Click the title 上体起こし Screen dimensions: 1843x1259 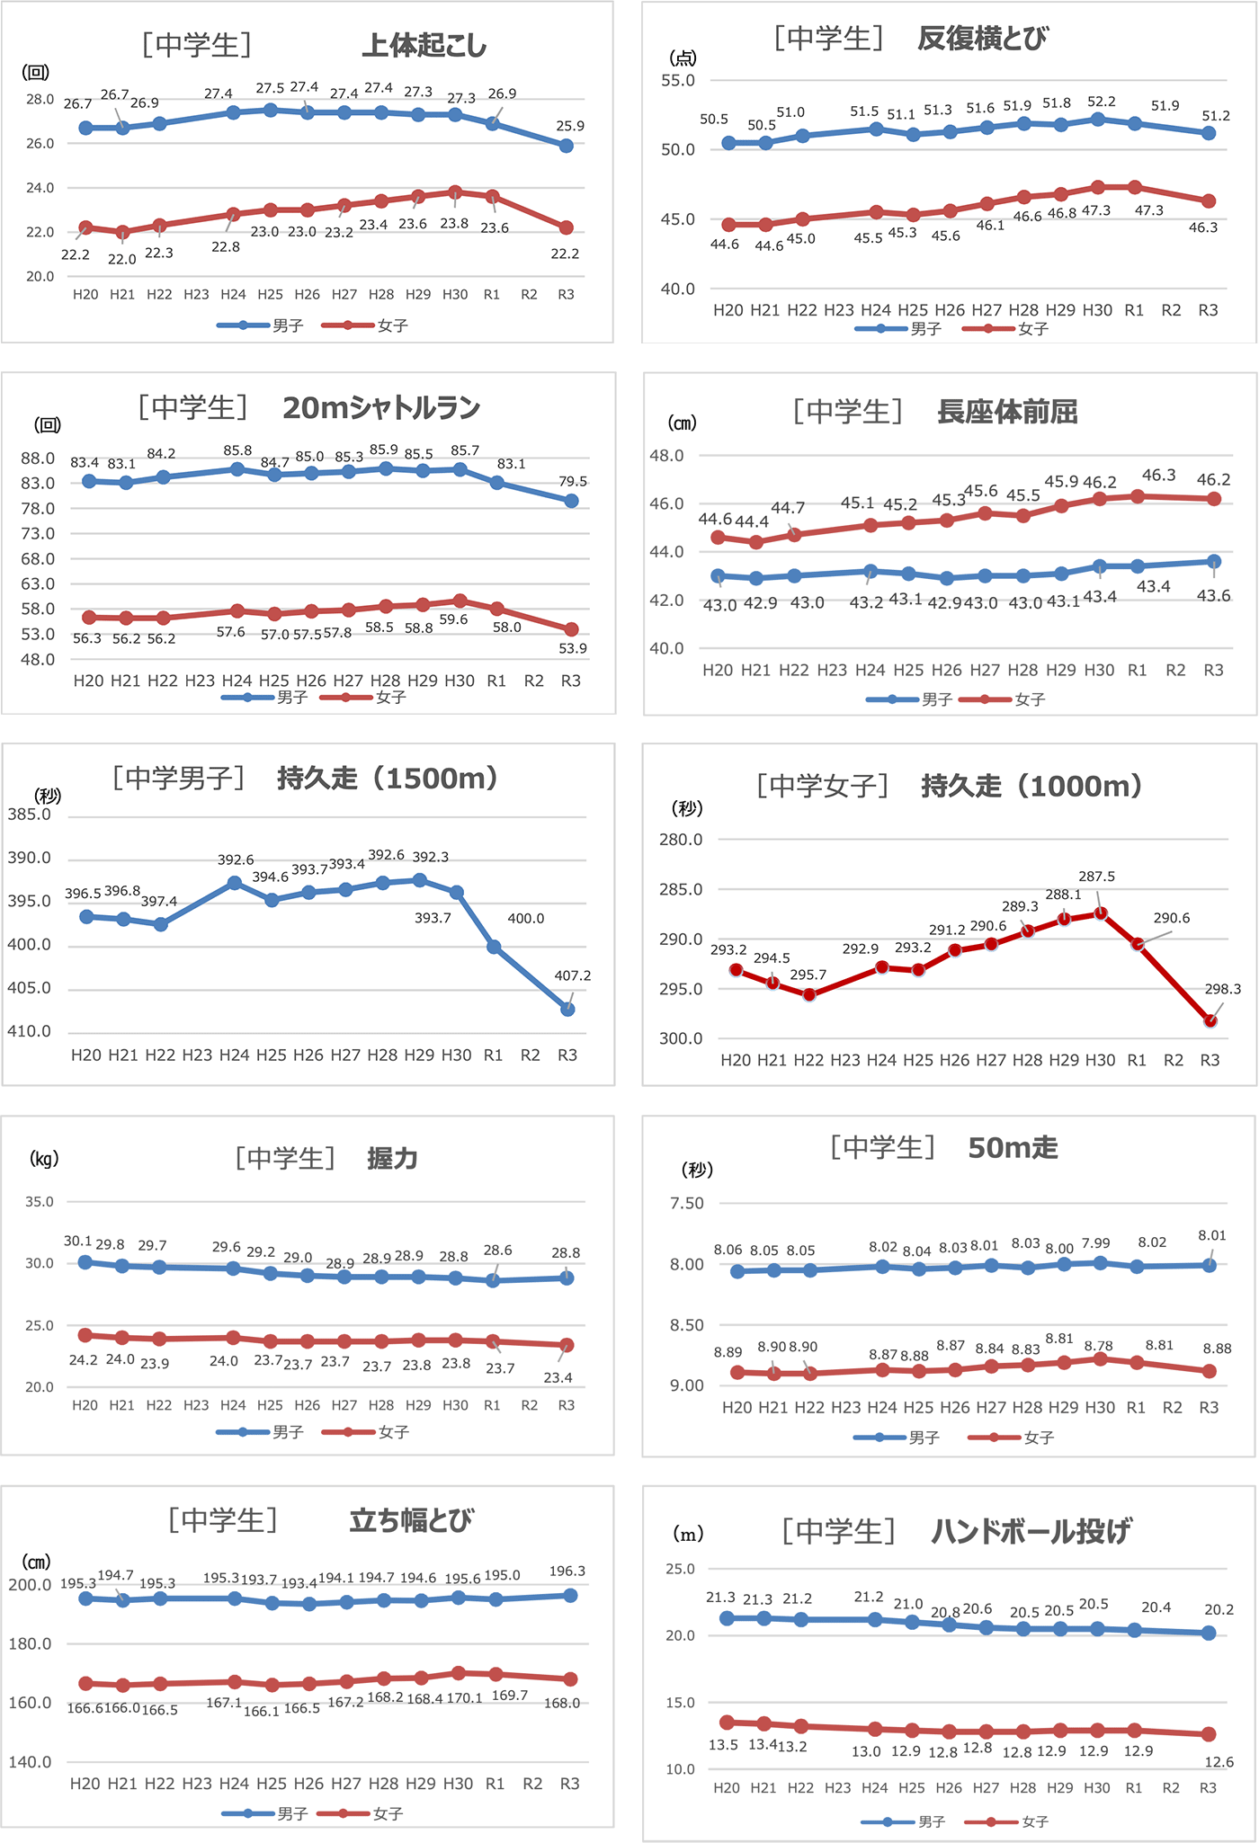tap(424, 45)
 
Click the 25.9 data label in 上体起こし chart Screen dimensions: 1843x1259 tap(569, 126)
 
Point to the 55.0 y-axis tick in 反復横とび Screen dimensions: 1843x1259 tap(678, 80)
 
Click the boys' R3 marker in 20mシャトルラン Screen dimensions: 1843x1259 tap(571, 501)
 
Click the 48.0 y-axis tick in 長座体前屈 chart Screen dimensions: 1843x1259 tap(666, 456)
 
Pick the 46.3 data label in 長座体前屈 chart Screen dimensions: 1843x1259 tap(1158, 475)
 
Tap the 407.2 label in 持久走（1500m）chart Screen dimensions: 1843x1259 tap(573, 975)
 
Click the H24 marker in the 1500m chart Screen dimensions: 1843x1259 tap(235, 883)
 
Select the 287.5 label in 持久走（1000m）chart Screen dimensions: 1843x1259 tap(1096, 877)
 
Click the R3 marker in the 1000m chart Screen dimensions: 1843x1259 tap(1210, 1021)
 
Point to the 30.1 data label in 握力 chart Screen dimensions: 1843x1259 tap(78, 1241)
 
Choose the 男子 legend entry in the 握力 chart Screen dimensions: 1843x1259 tap(288, 1432)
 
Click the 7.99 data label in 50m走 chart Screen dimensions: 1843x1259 tap(1095, 1243)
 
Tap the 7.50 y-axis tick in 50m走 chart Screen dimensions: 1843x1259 tap(687, 1203)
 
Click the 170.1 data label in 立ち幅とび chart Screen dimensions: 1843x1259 tap(464, 1698)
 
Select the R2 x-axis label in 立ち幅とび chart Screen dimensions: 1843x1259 tap(532, 1784)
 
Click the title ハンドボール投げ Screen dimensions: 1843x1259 tap(1031, 1531)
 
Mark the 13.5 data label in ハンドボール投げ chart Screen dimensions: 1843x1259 tap(723, 1745)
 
